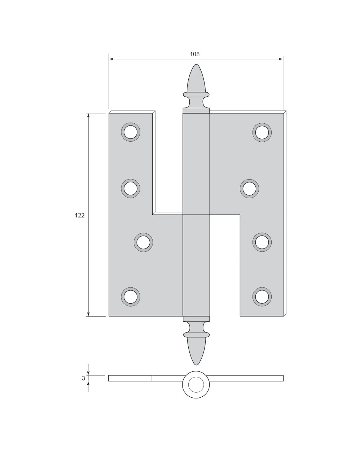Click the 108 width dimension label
point(194,54)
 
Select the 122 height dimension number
point(79,215)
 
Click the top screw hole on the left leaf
point(131,132)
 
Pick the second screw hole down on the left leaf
point(131,188)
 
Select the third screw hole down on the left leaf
point(143,242)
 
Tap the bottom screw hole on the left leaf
point(131,297)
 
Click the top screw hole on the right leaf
point(262,132)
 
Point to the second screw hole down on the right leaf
point(249,189)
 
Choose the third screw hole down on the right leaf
point(262,242)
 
